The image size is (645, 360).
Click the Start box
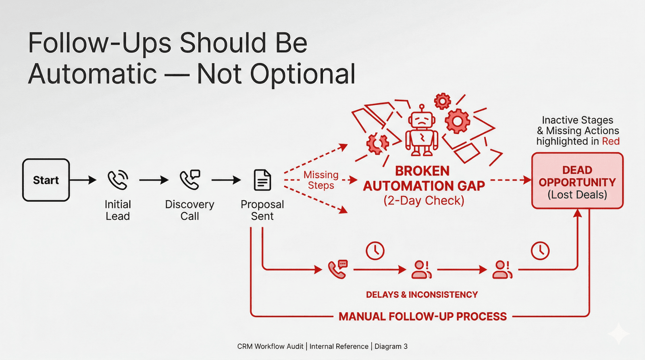(x=46, y=180)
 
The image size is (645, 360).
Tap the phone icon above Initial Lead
(x=118, y=180)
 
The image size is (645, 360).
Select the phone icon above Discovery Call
(x=190, y=179)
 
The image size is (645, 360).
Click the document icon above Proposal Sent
(x=262, y=180)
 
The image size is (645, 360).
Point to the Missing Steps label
(x=321, y=180)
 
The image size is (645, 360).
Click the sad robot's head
(x=422, y=120)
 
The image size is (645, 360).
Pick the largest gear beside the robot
(x=457, y=121)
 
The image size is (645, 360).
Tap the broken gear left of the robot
(x=377, y=143)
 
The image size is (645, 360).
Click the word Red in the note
(x=611, y=141)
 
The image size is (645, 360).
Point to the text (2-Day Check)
(x=424, y=200)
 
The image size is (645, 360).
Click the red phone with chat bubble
(x=338, y=269)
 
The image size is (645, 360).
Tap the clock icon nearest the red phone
(x=375, y=251)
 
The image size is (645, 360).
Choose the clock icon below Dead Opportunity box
(x=540, y=251)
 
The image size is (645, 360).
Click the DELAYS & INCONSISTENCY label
(x=422, y=295)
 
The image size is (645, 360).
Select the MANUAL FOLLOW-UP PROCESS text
(x=422, y=316)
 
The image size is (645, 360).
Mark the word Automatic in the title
(x=93, y=74)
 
